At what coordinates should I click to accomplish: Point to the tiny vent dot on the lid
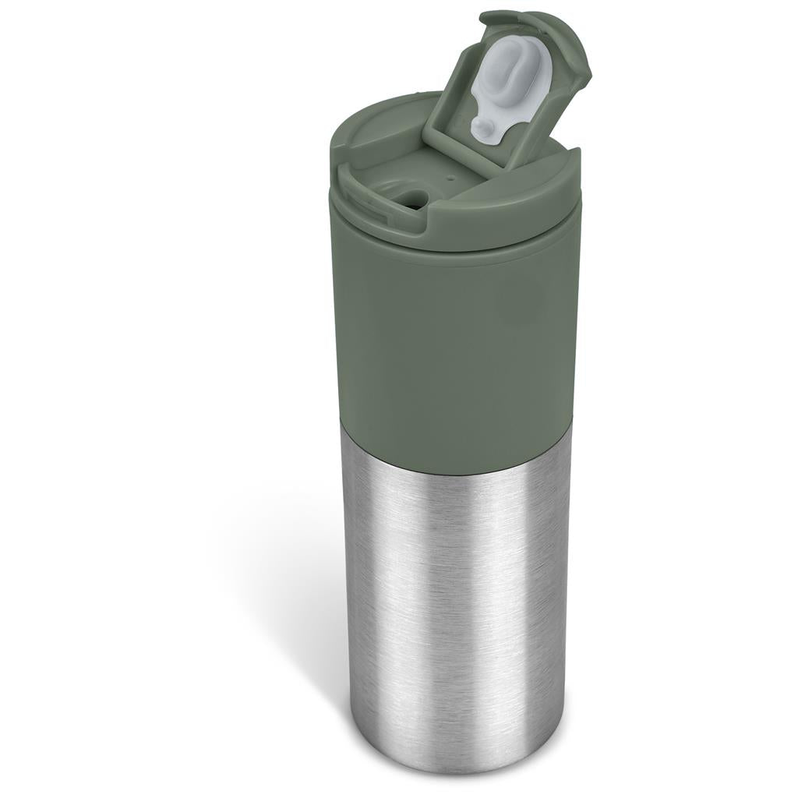tap(451, 178)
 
